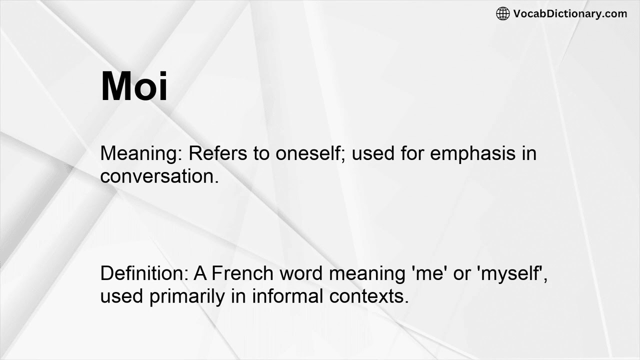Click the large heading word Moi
[x=134, y=86]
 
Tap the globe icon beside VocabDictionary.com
[x=502, y=14]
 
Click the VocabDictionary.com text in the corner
[x=570, y=14]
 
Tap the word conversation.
[x=159, y=176]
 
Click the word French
[x=242, y=273]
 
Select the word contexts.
[x=369, y=296]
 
